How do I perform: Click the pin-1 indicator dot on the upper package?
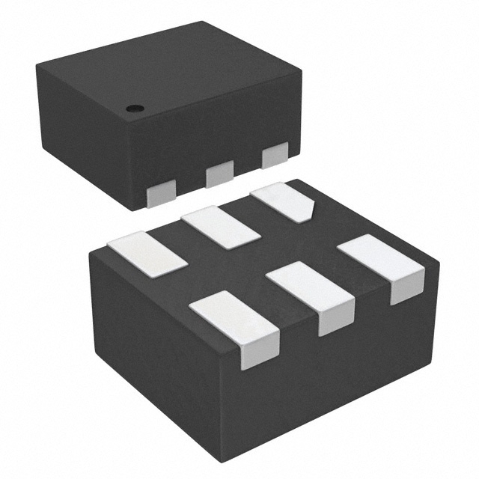click(x=135, y=109)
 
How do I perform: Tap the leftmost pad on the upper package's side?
click(x=160, y=195)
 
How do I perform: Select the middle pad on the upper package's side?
click(x=219, y=175)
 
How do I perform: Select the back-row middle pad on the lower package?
click(x=220, y=227)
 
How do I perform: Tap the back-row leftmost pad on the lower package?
click(x=147, y=255)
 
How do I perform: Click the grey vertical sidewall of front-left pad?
click(x=259, y=353)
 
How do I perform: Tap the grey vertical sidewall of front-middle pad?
click(x=336, y=321)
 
